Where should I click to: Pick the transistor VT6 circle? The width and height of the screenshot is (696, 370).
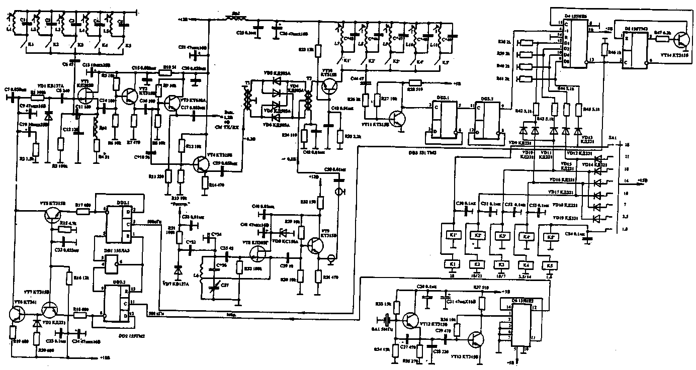pyautogui.click(x=18, y=313)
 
